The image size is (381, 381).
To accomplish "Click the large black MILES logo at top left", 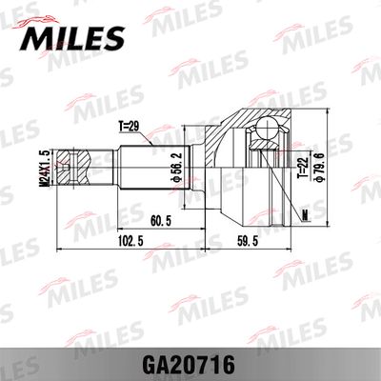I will pos(70,36).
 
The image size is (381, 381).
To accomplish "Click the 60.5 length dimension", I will pos(160,221).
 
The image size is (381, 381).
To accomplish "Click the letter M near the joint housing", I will pos(304,211).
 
